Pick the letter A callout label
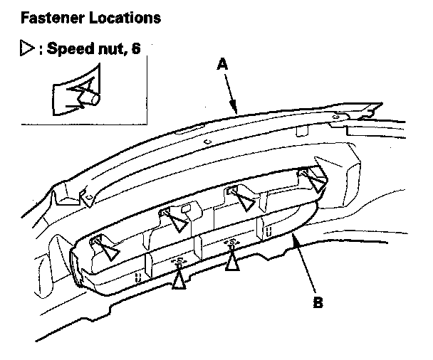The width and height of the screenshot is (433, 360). tap(222, 63)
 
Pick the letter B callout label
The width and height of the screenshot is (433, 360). tap(319, 302)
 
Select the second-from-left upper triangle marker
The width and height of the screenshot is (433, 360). tap(179, 223)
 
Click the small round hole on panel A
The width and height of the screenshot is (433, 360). tap(207, 142)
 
